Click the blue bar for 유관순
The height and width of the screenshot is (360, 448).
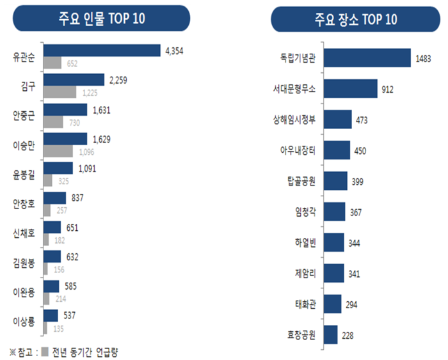tap(101, 51)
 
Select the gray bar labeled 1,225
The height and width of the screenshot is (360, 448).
tap(59, 92)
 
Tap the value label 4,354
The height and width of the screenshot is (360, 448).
tap(175, 51)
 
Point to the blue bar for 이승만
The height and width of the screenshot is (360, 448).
tap(65, 139)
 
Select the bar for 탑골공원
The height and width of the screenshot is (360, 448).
tap(335, 181)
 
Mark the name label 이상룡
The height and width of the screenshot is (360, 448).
tap(24, 320)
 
